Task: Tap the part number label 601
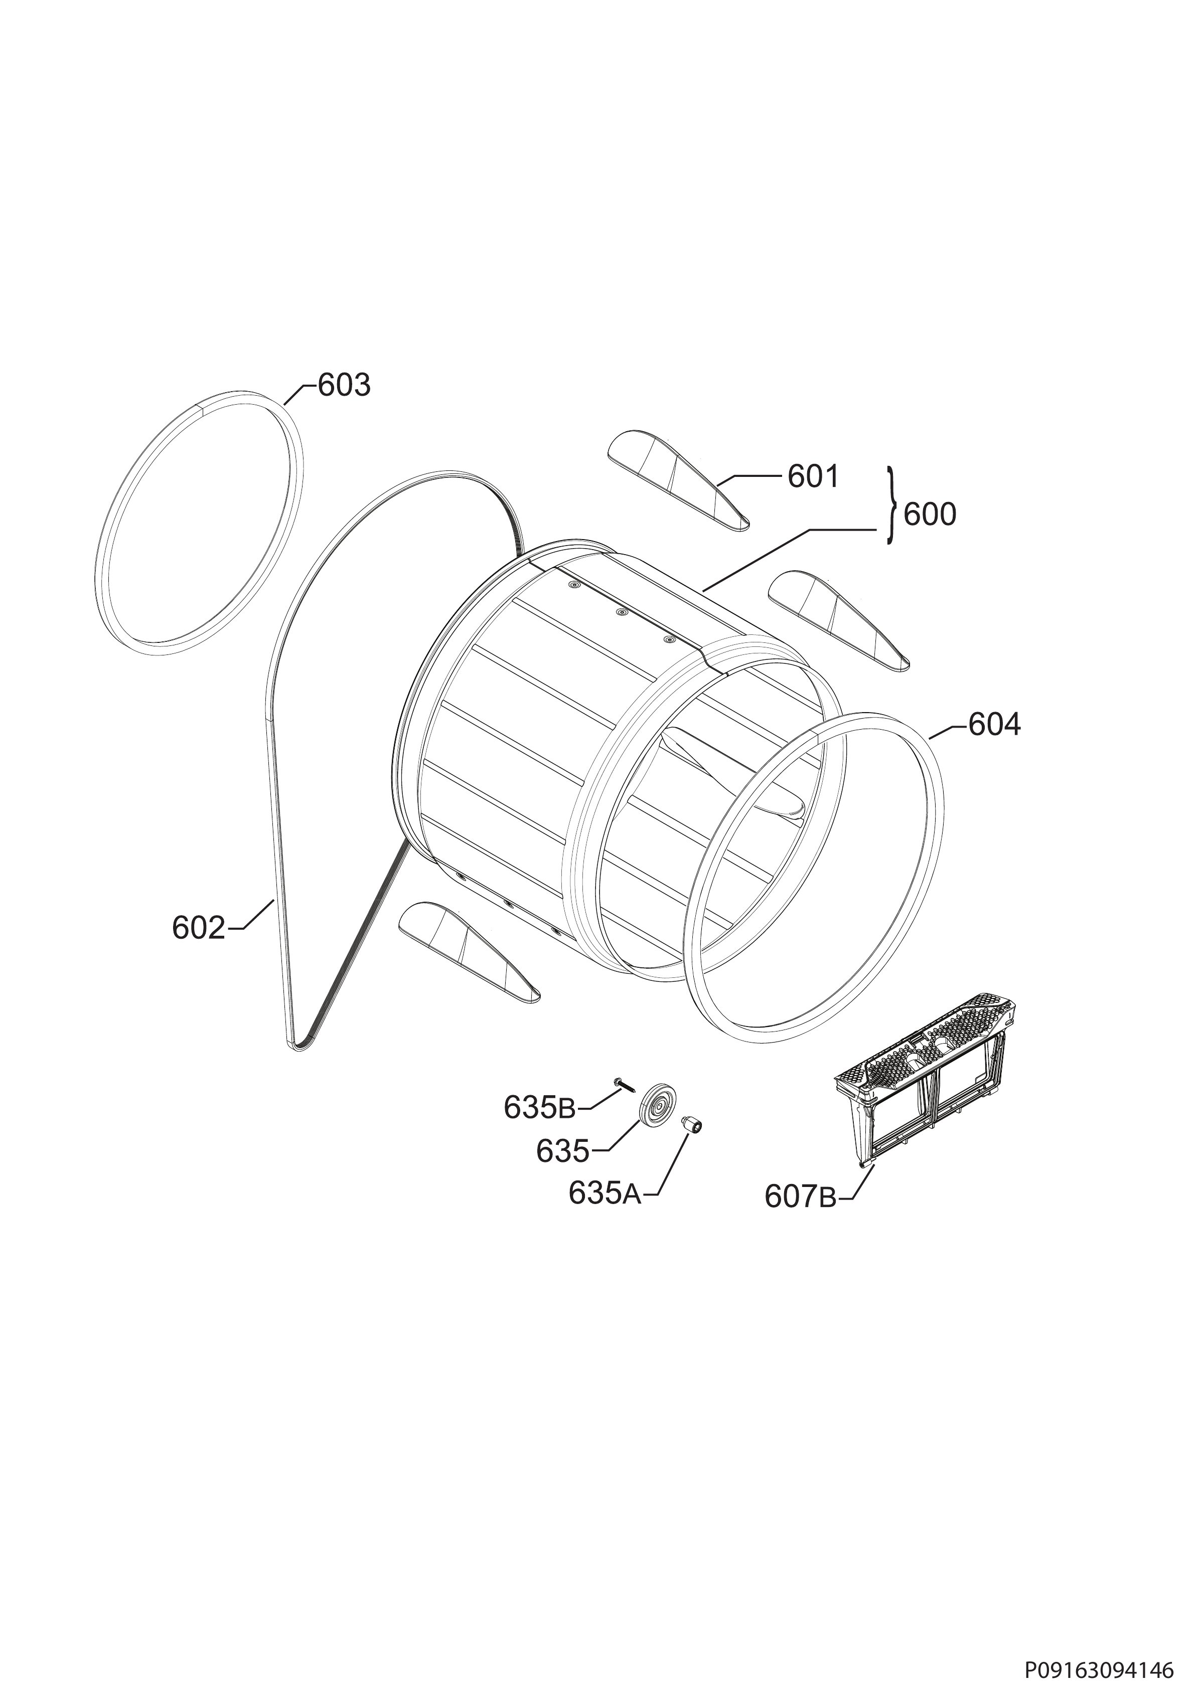coord(813,476)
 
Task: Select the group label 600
coord(930,514)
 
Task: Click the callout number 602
coord(198,928)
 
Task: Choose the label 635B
coord(539,1108)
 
